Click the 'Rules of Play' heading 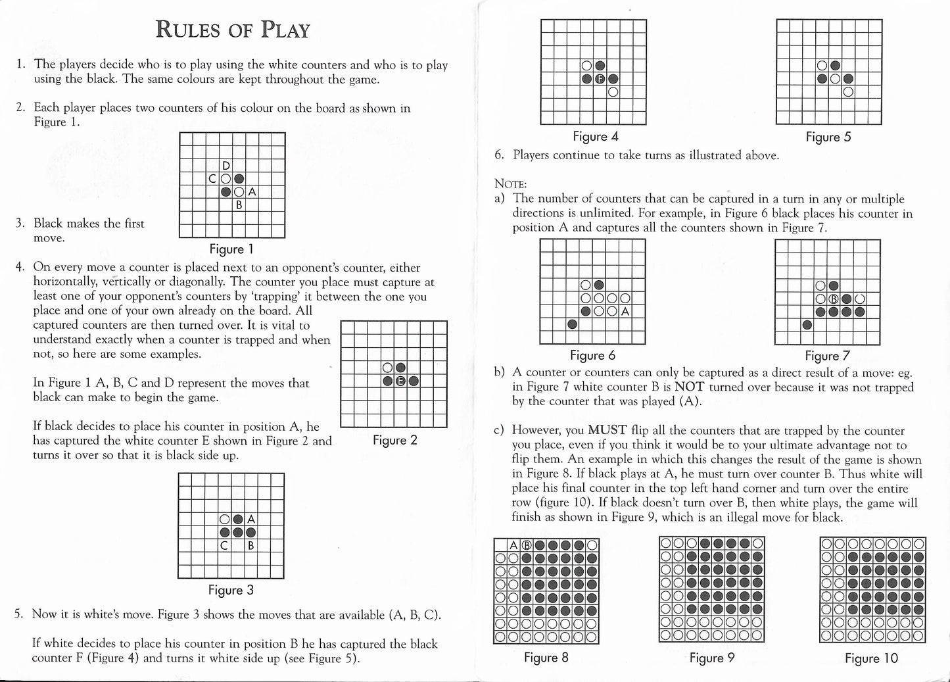[232, 30]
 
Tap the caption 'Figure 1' [231, 249]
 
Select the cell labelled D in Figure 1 [226, 165]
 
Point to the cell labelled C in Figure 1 [212, 178]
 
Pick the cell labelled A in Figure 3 [251, 519]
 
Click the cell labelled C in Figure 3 [225, 545]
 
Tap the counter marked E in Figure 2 [400, 381]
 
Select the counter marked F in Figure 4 [600, 79]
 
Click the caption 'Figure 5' [828, 137]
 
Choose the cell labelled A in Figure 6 [625, 311]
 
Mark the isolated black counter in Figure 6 [573, 324]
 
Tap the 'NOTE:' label [510, 183]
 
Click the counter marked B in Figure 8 [526, 545]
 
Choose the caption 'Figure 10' [871, 658]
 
